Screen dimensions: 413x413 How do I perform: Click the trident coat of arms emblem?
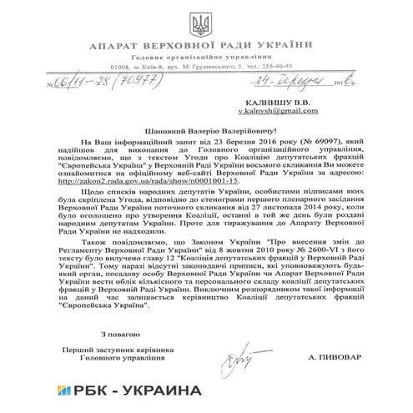(205, 22)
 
